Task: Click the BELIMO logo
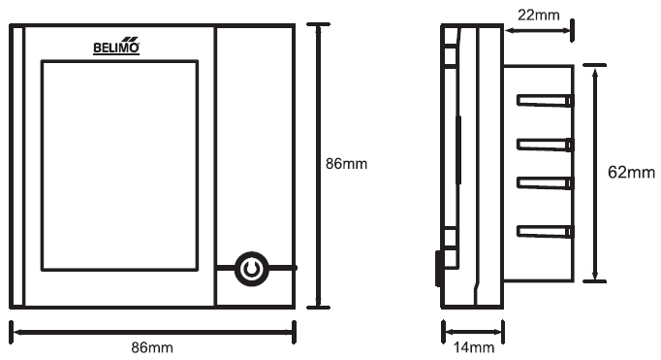(116, 46)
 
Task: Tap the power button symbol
(251, 269)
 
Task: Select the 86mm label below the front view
(152, 347)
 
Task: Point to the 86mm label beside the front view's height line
(347, 164)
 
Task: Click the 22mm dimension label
(539, 16)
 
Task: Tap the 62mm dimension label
(631, 172)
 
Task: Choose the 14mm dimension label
(474, 347)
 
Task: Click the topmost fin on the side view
(546, 101)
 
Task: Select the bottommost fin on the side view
(546, 231)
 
